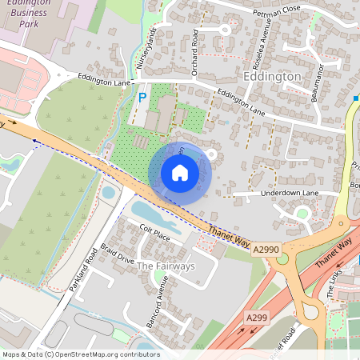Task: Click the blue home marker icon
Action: (180, 173)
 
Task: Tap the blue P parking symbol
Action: (142, 98)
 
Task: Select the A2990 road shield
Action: (266, 250)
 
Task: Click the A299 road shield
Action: (257, 318)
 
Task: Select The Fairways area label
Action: (166, 266)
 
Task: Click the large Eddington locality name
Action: (271, 76)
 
